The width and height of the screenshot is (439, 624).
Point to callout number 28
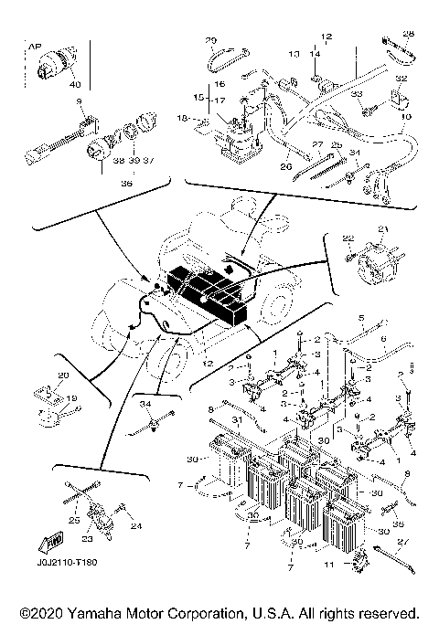tap(408, 34)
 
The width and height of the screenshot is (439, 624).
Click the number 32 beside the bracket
tap(400, 79)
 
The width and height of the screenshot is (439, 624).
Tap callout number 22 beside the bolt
tap(348, 239)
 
